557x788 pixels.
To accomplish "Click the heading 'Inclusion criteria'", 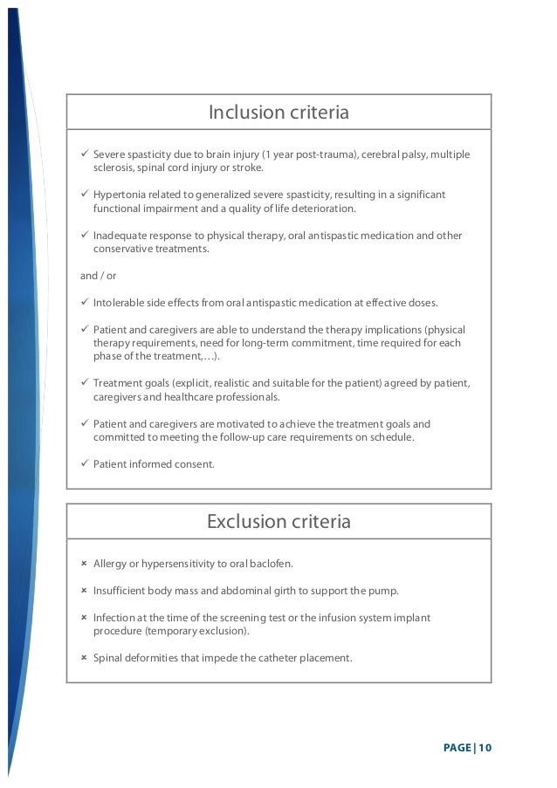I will (x=278, y=113).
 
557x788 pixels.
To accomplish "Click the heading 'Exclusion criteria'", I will (x=278, y=522).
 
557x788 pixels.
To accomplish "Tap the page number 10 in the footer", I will (x=485, y=747).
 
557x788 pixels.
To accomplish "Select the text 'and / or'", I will (x=98, y=276).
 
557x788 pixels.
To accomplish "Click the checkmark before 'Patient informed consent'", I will (x=84, y=464).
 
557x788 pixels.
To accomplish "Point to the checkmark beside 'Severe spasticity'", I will (x=84, y=154).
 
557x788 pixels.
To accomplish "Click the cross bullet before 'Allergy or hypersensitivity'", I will (x=84, y=564).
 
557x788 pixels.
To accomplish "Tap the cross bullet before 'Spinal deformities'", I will (x=84, y=658).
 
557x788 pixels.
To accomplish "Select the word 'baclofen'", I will (x=272, y=564).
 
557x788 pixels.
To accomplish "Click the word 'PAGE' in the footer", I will (x=457, y=747).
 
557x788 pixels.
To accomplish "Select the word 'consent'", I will (x=194, y=464).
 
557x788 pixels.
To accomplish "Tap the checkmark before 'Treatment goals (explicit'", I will (x=84, y=383).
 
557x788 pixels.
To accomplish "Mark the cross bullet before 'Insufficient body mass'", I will (x=84, y=591).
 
